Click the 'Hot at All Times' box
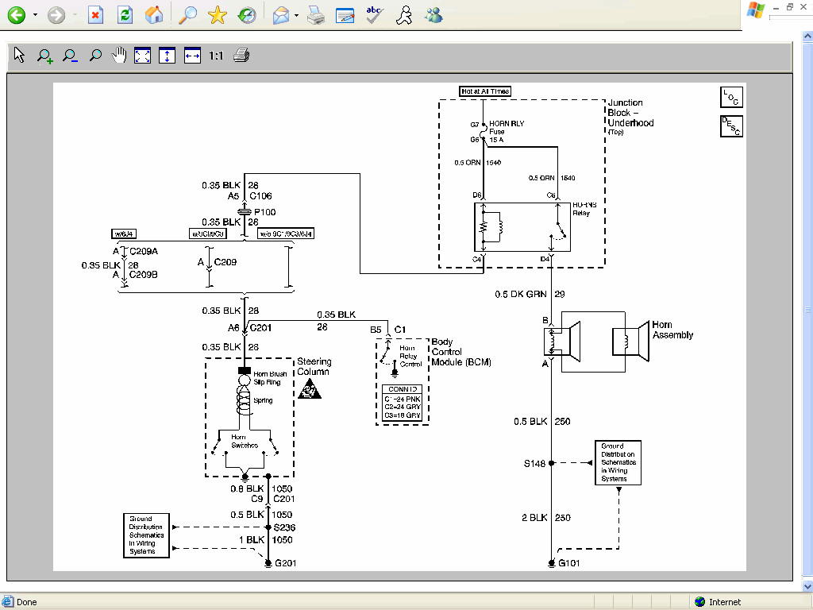click(x=485, y=91)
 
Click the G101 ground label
click(x=570, y=564)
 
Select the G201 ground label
click(x=286, y=564)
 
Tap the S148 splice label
click(x=534, y=463)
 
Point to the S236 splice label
click(x=283, y=527)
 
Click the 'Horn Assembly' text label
click(x=672, y=330)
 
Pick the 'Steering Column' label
click(x=314, y=366)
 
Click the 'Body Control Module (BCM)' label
click(x=460, y=352)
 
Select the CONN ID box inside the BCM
click(x=402, y=403)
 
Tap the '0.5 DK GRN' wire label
click(x=521, y=295)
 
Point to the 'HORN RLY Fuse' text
click(x=507, y=131)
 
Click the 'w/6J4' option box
click(x=125, y=234)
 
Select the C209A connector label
click(x=144, y=252)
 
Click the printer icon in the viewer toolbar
click(x=242, y=56)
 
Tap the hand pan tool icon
click(x=119, y=56)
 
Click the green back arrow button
click(x=16, y=14)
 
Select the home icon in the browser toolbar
click(x=155, y=14)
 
